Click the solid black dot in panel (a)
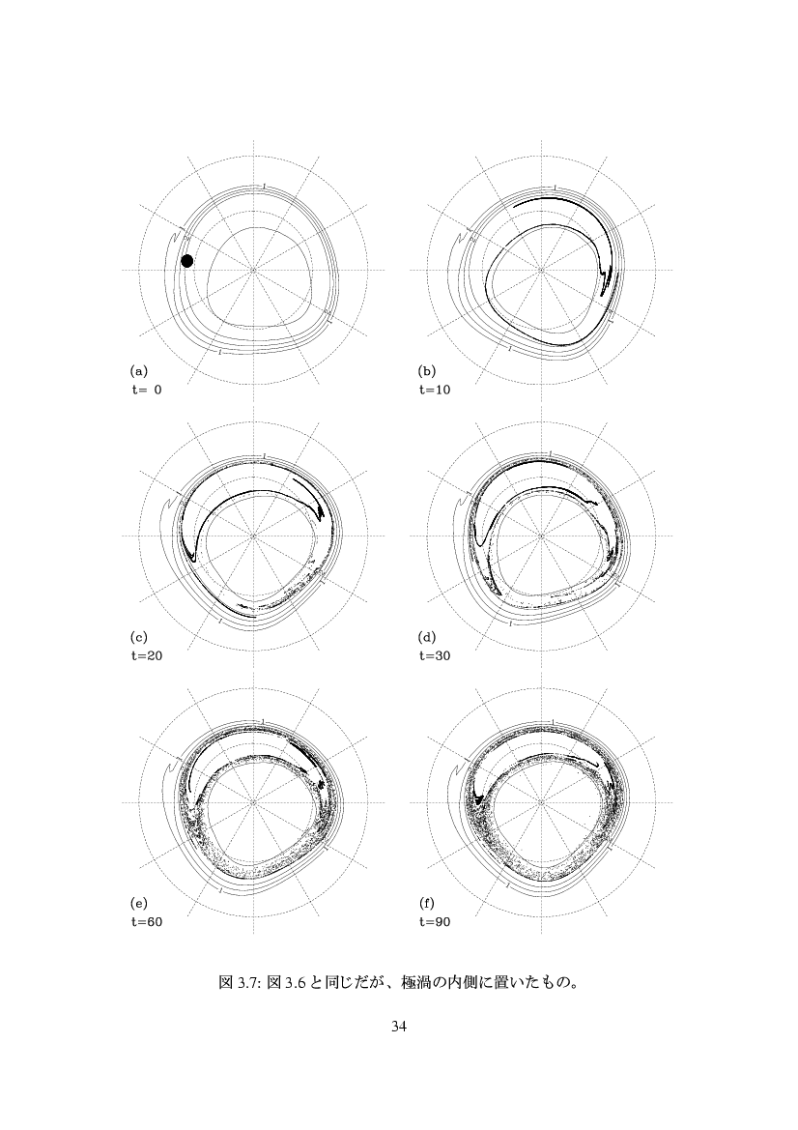click(187, 261)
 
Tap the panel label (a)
click(138, 372)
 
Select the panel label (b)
click(427, 372)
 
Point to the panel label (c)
click(138, 638)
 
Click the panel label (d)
click(427, 638)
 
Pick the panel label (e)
click(138, 903)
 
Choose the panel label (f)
click(427, 903)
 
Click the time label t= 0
click(146, 390)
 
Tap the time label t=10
click(435, 390)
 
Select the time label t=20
click(146, 655)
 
